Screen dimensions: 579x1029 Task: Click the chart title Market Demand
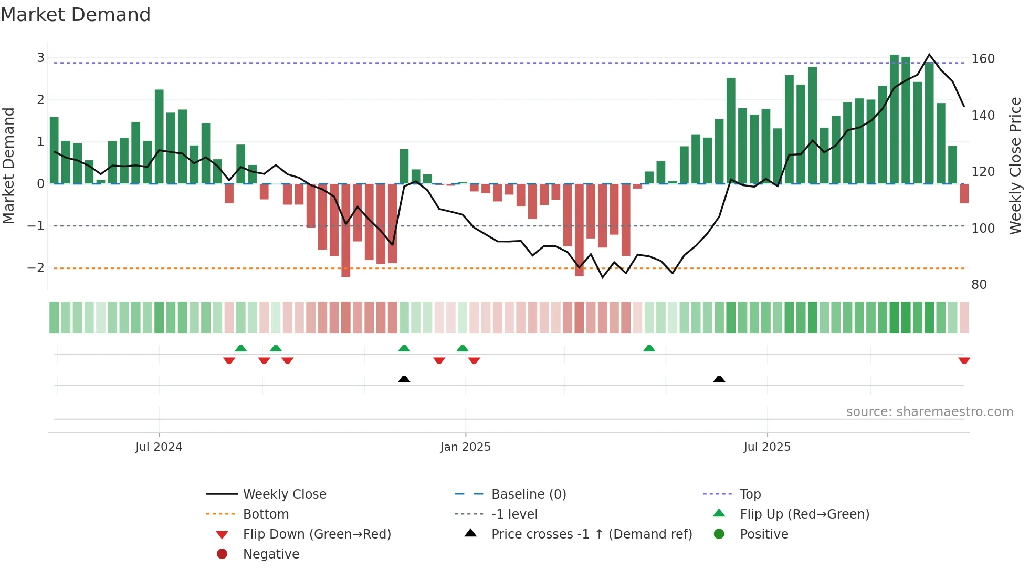76,15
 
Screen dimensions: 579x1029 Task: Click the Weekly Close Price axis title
1015,166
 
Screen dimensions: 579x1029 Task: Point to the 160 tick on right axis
983,59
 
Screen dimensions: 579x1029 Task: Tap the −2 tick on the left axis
36,268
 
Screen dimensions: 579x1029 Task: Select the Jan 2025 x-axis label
465,447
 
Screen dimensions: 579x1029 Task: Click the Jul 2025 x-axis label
766,447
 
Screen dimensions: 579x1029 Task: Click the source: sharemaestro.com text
929,412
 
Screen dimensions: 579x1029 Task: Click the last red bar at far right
964,193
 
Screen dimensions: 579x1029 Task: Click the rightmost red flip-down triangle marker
964,360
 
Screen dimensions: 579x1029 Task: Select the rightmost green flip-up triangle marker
649,348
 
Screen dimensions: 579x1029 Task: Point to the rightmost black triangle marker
719,379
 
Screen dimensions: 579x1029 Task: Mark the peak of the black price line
929,55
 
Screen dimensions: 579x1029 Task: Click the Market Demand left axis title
8,166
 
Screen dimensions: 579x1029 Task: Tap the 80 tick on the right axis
979,285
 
